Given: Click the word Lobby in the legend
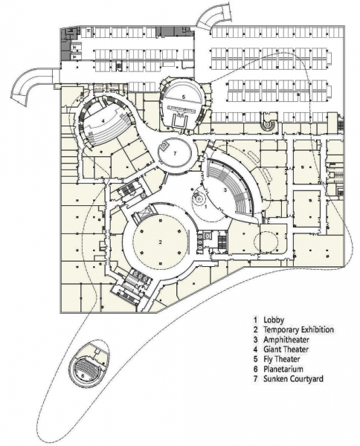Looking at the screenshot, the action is click(x=274, y=320).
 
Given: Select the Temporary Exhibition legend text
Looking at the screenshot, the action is click(x=298, y=329).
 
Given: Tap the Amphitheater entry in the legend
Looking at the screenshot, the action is click(x=286, y=340).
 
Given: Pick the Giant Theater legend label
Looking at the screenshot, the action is click(x=286, y=349).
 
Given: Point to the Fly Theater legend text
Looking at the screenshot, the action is click(x=281, y=359).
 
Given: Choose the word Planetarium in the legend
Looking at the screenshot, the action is click(x=283, y=369).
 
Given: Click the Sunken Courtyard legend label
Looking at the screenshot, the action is click(x=293, y=379).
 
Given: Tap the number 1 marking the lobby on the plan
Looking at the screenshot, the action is click(x=206, y=206).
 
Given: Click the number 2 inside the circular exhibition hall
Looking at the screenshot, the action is click(x=161, y=242).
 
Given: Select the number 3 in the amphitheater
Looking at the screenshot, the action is click(x=225, y=190).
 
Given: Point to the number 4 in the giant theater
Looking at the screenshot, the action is click(x=103, y=120).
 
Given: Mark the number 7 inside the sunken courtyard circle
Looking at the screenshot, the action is click(x=176, y=154).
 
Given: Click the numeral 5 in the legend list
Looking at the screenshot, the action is click(x=256, y=359).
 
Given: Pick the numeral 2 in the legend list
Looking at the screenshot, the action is click(x=256, y=329).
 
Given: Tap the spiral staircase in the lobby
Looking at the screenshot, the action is click(x=198, y=197).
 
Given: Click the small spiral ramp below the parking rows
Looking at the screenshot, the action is click(x=268, y=124).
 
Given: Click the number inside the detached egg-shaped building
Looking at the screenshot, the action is click(x=83, y=375).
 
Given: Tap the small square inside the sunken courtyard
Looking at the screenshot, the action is click(x=164, y=146).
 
